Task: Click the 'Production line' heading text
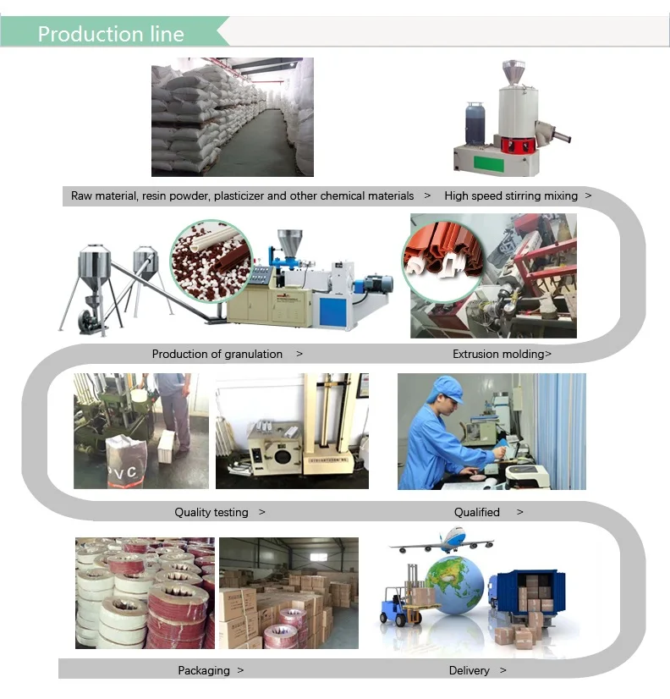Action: tap(111, 34)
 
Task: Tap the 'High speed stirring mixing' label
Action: tap(511, 195)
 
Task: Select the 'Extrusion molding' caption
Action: tap(499, 354)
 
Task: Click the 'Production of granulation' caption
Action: tap(217, 354)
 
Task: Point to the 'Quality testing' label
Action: tap(211, 512)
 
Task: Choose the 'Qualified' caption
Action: tap(476, 512)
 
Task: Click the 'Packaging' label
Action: tap(204, 670)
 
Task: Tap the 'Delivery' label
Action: tap(469, 670)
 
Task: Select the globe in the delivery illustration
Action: tap(454, 585)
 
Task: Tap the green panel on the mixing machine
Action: tap(489, 163)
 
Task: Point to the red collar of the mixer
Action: tap(518, 145)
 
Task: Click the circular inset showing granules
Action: tap(211, 261)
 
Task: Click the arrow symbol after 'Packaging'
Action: tap(240, 670)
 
